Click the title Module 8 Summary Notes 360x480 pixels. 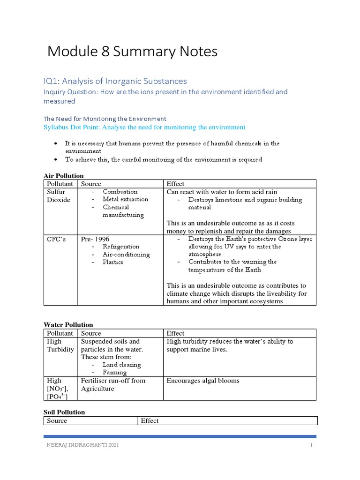(x=133, y=52)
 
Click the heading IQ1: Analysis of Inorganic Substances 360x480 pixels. (x=115, y=81)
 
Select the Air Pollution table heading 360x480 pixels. (x=63, y=176)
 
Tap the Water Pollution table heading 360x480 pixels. (x=68, y=324)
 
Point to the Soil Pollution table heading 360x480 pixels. (x=64, y=412)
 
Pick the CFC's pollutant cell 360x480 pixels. (x=56, y=239)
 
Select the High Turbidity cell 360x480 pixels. (x=60, y=345)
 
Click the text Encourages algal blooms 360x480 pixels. (x=203, y=381)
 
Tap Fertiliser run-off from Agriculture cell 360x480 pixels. (x=113, y=384)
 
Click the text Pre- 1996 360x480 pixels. (x=95, y=239)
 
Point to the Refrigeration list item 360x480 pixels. (x=121, y=247)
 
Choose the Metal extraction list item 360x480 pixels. (x=125, y=199)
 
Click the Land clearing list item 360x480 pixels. (x=121, y=365)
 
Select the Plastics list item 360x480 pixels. (x=113, y=262)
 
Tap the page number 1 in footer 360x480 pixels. (x=311, y=445)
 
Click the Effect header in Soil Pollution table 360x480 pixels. (x=150, y=420)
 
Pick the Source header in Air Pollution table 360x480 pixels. (x=91, y=184)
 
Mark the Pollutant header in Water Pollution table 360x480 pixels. (x=60, y=333)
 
